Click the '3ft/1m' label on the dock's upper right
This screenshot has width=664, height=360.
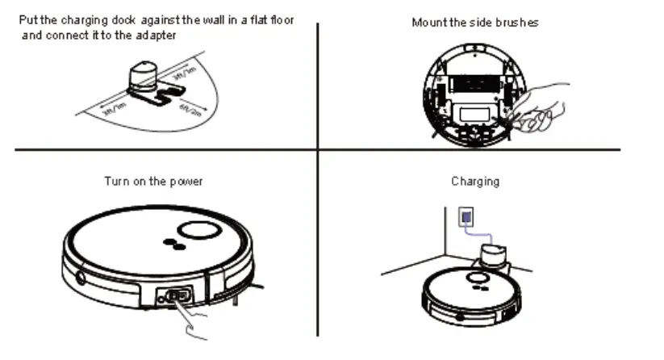(185, 76)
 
